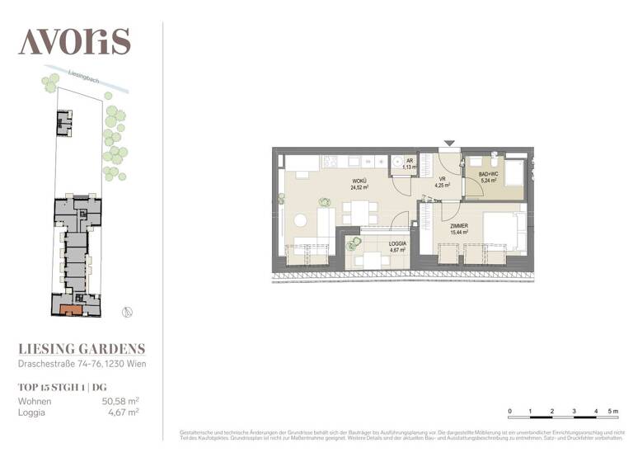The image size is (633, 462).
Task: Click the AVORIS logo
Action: (74, 40)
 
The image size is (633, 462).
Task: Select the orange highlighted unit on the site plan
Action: (71, 309)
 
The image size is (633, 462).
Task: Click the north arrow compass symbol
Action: (125, 312)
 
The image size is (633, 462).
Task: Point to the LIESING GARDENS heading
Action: (82, 349)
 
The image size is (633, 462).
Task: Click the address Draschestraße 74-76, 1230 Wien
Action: (83, 364)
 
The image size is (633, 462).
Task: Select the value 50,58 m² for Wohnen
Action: (120, 401)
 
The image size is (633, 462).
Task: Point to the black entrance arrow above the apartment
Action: (448, 144)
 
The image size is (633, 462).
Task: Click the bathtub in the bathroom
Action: (516, 173)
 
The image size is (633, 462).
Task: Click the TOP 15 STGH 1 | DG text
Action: (63, 386)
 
